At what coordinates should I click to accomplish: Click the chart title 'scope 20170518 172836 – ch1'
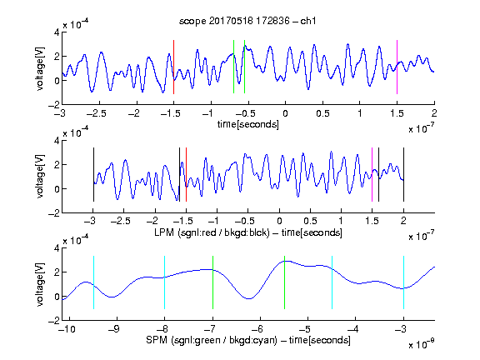pyautogui.click(x=247, y=21)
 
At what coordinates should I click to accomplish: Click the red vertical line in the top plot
pyautogui.click(x=173, y=67)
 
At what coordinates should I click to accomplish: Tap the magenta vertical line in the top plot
pyautogui.click(x=397, y=67)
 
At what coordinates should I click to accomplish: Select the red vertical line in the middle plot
pyautogui.click(x=186, y=174)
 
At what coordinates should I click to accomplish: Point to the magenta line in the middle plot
pyautogui.click(x=372, y=174)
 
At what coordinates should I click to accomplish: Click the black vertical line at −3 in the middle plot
pyautogui.click(x=93, y=174)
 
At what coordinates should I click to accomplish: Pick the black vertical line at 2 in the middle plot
pyautogui.click(x=404, y=174)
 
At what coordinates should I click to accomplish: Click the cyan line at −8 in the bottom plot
pyautogui.click(x=165, y=282)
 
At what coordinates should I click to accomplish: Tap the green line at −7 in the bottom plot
pyautogui.click(x=212, y=282)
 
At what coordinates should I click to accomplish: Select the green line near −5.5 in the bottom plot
pyautogui.click(x=285, y=282)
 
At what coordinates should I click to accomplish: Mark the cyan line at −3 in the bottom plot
pyautogui.click(x=404, y=282)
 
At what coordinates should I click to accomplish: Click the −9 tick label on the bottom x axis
pyautogui.click(x=114, y=329)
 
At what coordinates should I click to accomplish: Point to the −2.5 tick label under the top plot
pyautogui.click(x=97, y=113)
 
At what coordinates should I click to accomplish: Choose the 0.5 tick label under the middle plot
pyautogui.click(x=310, y=221)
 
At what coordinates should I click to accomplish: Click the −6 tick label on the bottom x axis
pyautogui.click(x=257, y=329)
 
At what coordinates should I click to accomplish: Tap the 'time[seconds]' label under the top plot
pyautogui.click(x=248, y=124)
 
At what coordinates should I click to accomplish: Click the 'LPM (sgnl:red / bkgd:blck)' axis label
pyautogui.click(x=212, y=232)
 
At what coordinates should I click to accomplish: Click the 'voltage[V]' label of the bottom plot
pyautogui.click(x=40, y=284)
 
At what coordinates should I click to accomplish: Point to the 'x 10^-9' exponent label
pyautogui.click(x=422, y=344)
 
